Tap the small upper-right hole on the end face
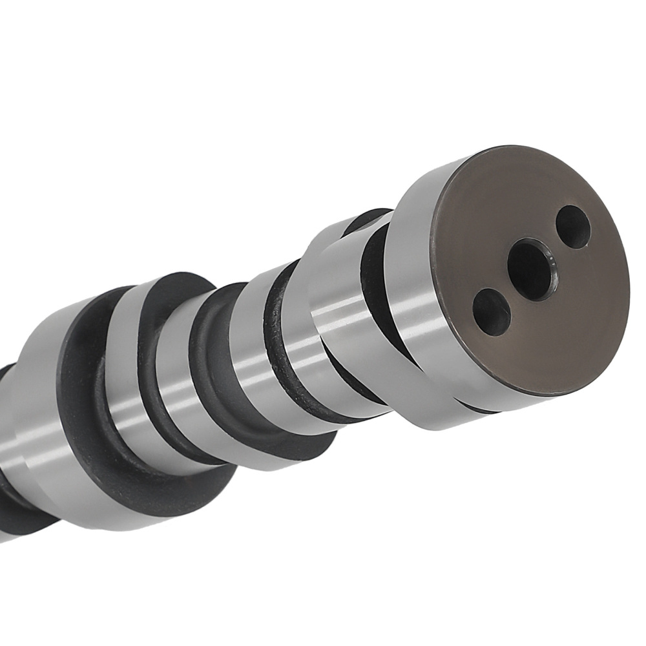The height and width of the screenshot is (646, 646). coord(573,227)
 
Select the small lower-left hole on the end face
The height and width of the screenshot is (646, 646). coord(492,312)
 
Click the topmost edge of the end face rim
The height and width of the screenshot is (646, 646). coord(510,147)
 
